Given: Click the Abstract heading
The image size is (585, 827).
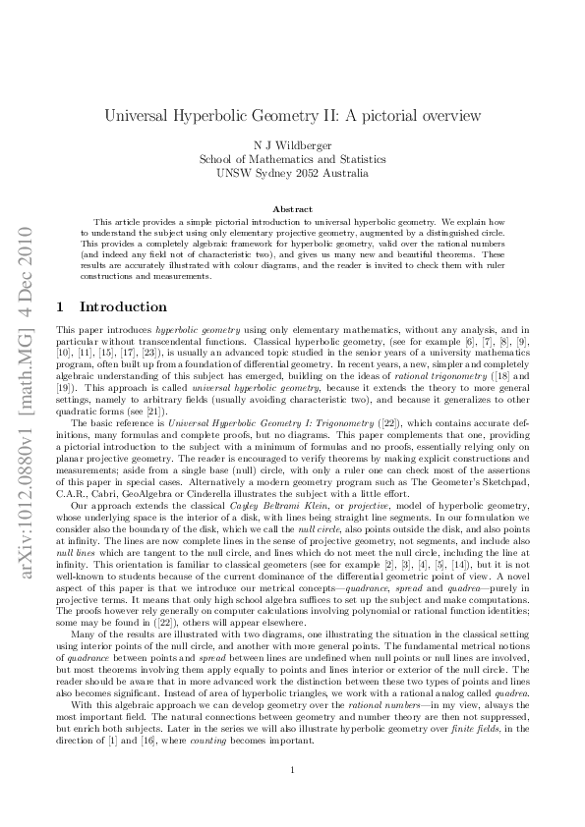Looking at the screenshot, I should coord(292,209).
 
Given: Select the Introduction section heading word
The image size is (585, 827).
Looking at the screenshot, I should coord(123,307).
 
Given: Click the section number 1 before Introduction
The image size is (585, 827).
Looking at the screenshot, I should coord(60,307).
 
